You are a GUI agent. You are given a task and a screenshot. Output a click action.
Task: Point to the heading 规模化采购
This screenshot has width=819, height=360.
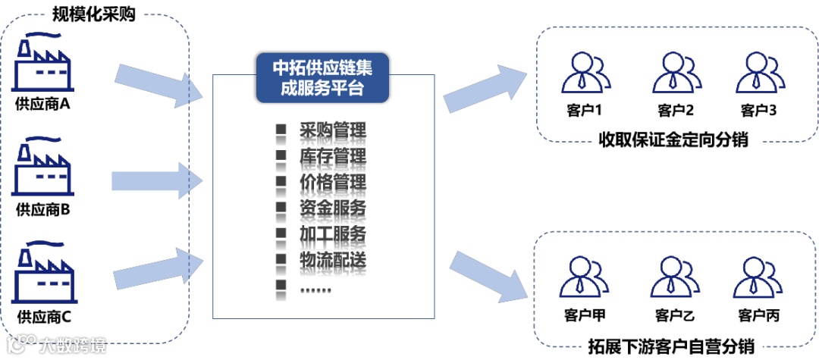click(94, 14)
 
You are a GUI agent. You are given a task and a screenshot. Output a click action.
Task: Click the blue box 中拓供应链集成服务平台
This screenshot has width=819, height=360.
click(322, 77)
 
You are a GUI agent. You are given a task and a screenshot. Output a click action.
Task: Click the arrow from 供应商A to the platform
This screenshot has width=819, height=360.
click(159, 84)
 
